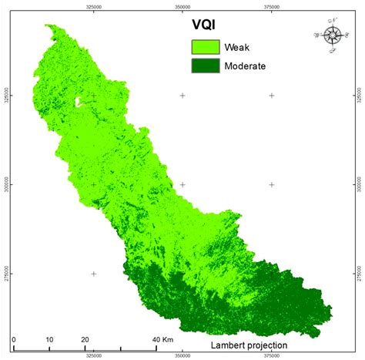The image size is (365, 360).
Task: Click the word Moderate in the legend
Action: point(246,66)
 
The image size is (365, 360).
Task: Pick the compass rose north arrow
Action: point(333,35)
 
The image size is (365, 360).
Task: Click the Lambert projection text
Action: point(249,345)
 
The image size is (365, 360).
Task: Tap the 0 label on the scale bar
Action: point(13,338)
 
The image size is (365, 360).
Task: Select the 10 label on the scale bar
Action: point(49,338)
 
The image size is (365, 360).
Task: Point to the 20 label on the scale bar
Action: point(84,338)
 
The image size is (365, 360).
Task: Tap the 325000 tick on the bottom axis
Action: point(93,355)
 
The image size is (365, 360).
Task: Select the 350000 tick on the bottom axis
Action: point(182,355)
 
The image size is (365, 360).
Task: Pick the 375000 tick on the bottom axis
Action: point(271,355)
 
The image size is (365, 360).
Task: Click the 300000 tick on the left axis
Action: point(5,185)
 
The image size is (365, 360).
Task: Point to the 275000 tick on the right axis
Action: point(360,274)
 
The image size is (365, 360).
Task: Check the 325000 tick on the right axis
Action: point(360,96)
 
